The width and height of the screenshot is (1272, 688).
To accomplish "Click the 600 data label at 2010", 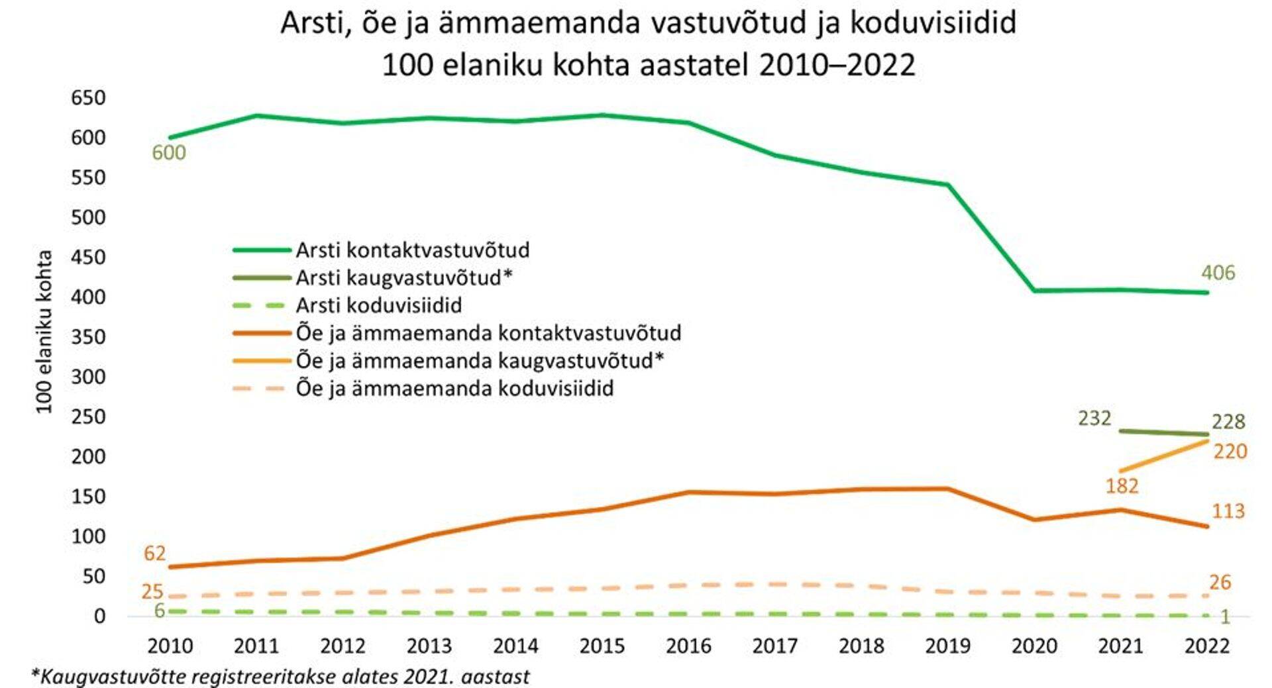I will tap(169, 153).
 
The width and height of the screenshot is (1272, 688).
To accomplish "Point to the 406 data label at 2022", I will tap(1218, 273).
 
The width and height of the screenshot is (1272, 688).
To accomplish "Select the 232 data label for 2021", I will tap(1094, 418).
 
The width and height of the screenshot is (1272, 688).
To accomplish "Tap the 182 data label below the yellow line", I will tap(1122, 486).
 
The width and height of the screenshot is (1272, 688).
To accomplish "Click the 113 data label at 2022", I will tap(1228, 511).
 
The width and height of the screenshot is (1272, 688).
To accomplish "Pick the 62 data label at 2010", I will tap(154, 553).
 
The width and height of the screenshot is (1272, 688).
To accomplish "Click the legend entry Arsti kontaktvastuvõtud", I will tap(412, 250).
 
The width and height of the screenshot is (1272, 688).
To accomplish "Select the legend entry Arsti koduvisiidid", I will tap(378, 305).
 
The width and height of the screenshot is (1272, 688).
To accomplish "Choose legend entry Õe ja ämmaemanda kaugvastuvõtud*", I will tap(480, 361).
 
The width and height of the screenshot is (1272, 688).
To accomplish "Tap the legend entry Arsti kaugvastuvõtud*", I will tap(404, 277).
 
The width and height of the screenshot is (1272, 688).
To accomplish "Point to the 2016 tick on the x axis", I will tap(688, 646).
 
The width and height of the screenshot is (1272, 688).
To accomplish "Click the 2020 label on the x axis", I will tap(1034, 646).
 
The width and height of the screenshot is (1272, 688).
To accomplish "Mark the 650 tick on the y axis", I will tap(88, 98).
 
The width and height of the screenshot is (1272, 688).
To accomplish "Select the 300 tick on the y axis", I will tap(88, 377).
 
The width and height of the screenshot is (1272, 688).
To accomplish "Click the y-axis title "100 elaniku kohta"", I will tap(44, 331).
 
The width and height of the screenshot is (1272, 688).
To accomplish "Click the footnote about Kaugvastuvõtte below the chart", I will tap(280, 677).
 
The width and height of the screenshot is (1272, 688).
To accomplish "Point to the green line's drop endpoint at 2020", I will tap(1034, 291).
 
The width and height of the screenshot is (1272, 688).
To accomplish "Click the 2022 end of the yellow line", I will tap(1207, 440).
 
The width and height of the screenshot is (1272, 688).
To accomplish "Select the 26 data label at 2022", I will tap(1220, 583).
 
